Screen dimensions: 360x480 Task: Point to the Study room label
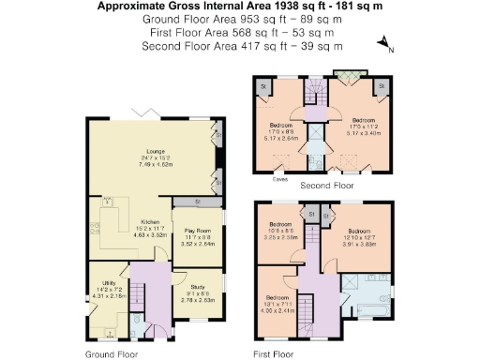pos(198,287)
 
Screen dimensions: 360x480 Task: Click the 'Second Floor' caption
pos(326,186)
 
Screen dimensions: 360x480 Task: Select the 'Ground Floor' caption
pos(112,354)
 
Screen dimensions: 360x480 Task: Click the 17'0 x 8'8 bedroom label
pos(282,130)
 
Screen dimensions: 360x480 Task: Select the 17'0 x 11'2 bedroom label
pos(363,127)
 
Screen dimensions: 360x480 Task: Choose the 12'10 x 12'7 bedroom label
pos(362,234)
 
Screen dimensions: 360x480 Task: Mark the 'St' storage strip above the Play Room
pos(198,202)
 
